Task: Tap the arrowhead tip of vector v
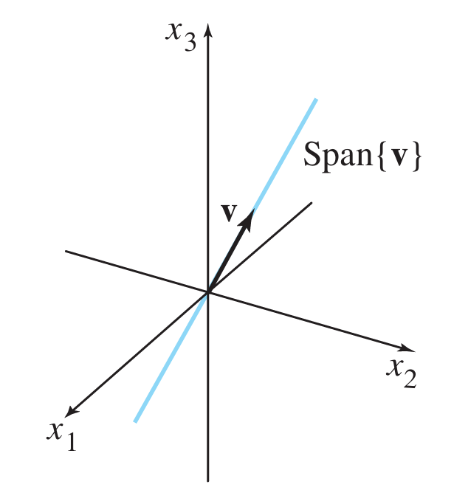click(252, 210)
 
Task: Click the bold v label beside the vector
click(229, 212)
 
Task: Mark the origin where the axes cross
click(208, 292)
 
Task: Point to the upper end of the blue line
click(316, 99)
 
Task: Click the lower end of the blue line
click(135, 421)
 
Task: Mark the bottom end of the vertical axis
click(208, 480)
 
